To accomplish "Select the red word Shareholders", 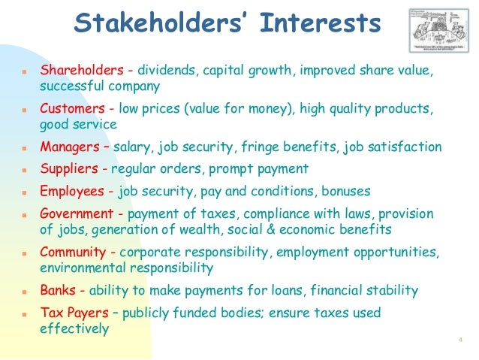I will [x=81, y=71].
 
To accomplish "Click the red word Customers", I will [x=72, y=109].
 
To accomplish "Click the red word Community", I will [x=75, y=252].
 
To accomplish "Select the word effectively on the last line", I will [x=74, y=328].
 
